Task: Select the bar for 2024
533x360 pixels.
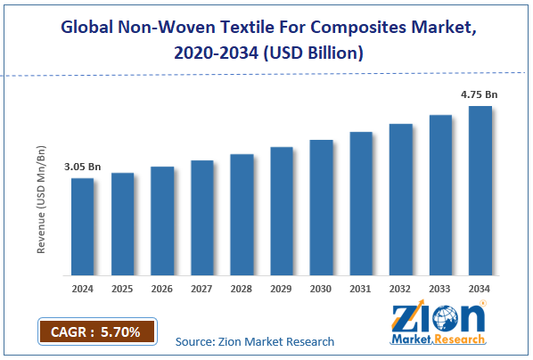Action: click(82, 226)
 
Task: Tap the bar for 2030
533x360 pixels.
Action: click(321, 207)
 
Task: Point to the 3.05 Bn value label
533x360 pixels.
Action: click(81, 167)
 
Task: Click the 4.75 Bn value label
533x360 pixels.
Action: click(479, 94)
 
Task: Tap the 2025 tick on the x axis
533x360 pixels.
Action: click(122, 290)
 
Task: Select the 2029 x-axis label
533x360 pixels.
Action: click(282, 290)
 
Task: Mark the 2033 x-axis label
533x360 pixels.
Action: click(440, 290)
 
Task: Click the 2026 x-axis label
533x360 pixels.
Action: click(162, 290)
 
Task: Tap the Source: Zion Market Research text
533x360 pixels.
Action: click(255, 340)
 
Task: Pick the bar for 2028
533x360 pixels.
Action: click(242, 214)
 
